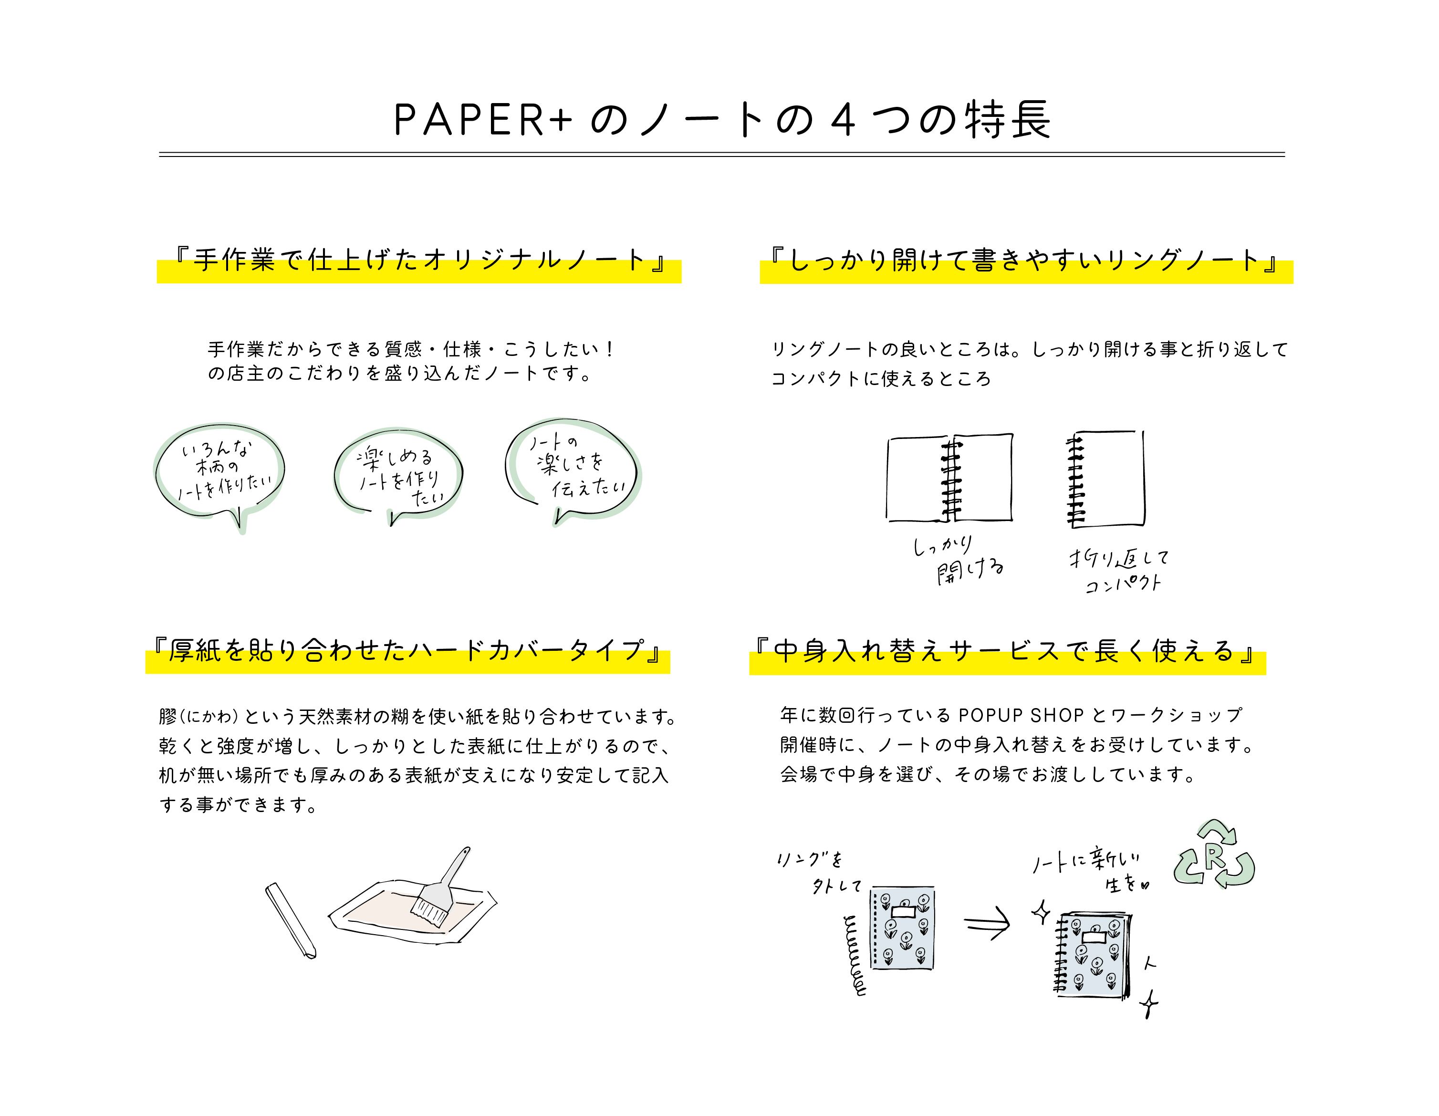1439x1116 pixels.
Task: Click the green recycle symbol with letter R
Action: point(1214,855)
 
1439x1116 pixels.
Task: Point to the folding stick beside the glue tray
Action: point(290,920)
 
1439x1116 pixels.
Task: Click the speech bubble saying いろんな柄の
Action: point(220,470)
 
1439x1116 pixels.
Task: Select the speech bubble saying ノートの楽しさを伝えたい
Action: point(572,467)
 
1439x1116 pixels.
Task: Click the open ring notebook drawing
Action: point(949,478)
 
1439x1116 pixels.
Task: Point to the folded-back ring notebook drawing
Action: point(1105,479)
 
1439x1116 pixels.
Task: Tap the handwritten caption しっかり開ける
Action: point(958,559)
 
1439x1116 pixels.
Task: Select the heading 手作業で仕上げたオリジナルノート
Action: point(419,261)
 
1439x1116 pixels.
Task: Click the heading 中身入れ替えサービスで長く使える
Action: point(1006,652)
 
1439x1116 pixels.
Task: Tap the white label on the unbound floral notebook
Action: point(903,913)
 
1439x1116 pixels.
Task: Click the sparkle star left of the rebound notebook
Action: point(1041,912)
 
